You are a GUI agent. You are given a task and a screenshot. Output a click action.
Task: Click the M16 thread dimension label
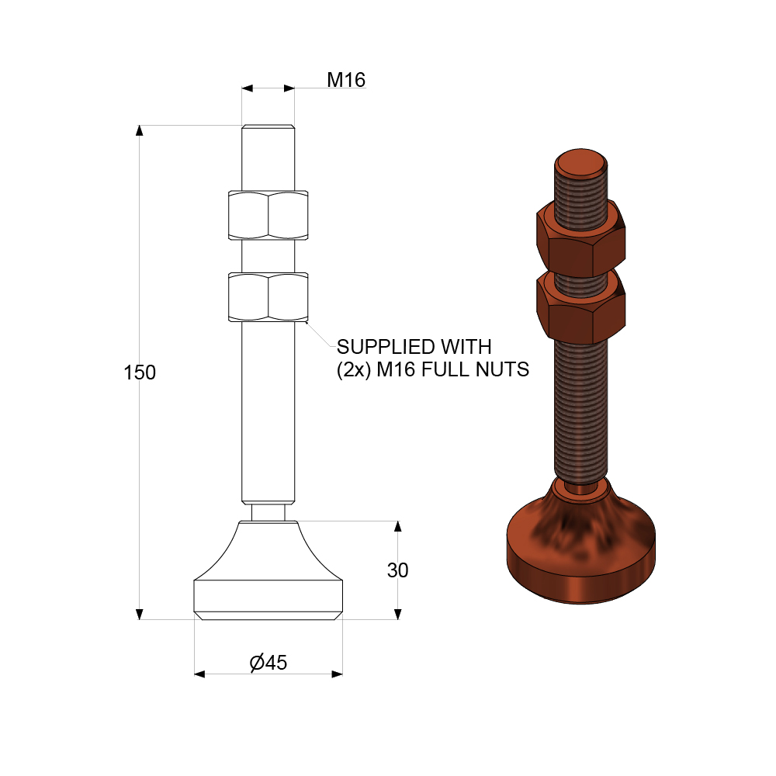click(x=345, y=79)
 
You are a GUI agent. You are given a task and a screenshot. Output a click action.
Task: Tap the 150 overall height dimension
click(x=140, y=372)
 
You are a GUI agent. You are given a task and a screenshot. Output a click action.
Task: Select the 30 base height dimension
click(x=397, y=570)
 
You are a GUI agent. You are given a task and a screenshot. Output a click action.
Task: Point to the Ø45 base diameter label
click(x=268, y=663)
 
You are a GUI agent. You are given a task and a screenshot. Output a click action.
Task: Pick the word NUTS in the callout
click(x=502, y=370)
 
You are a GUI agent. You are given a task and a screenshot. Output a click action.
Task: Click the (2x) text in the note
click(x=353, y=370)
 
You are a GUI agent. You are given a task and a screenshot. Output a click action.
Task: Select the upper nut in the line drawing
click(x=268, y=215)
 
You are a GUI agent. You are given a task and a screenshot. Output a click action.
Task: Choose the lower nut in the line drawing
click(x=268, y=296)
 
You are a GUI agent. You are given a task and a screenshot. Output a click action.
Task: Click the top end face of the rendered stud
click(x=580, y=162)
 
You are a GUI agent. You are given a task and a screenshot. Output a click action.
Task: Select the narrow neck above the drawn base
click(x=268, y=513)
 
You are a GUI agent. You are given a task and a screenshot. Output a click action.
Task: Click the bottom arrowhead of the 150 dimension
click(x=140, y=614)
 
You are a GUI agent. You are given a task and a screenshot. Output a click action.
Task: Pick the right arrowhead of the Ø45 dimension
click(x=337, y=674)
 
